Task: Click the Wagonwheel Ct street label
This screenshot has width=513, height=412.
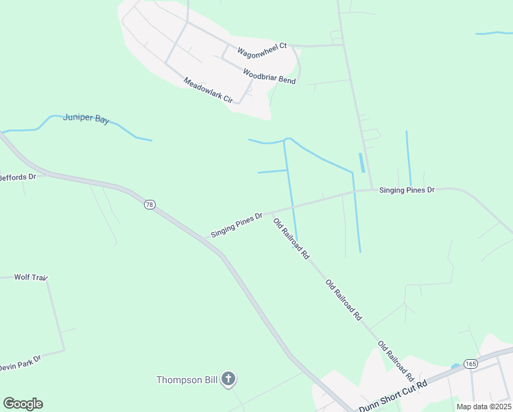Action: coord(261,52)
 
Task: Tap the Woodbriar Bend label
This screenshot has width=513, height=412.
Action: coord(270,76)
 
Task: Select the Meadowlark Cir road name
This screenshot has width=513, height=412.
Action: coord(208,91)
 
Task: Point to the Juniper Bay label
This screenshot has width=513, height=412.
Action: coord(86,119)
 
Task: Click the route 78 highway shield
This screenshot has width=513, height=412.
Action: coord(150,205)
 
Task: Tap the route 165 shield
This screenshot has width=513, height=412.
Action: coord(470,363)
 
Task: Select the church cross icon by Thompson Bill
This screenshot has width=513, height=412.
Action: coord(228,379)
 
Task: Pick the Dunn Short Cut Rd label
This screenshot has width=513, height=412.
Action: coord(393,396)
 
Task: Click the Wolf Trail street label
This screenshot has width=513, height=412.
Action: coord(31,277)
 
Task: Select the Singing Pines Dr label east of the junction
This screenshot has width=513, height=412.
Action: coord(407,190)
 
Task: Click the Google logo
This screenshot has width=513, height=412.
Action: coord(23,404)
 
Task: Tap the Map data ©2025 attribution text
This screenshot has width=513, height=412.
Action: coord(484,407)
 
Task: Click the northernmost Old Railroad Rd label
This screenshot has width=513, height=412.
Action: coord(291,239)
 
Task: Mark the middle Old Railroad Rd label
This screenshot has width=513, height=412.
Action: coord(344,300)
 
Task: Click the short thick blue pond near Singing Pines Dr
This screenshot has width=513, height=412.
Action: coord(361,163)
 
